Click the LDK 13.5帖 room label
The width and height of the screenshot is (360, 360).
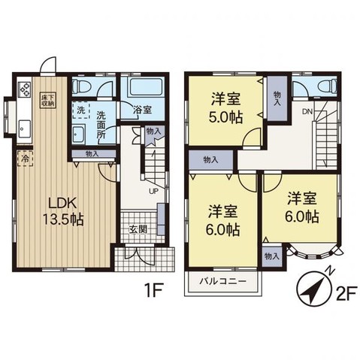click(63, 211)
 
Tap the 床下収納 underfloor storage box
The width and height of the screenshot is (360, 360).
click(48, 100)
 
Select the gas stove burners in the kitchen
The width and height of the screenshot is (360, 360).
click(24, 89)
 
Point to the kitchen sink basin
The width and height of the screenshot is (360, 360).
click(25, 129)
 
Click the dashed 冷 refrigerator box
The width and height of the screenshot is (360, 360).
click(25, 158)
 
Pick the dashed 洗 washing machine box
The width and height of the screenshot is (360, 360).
click(81, 110)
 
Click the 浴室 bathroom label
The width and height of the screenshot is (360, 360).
click(142, 110)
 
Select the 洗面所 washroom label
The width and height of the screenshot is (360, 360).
click(101, 125)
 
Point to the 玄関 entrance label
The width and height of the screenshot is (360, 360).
click(138, 229)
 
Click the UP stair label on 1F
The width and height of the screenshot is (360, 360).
click(153, 192)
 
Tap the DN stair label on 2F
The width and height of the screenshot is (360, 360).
click(307, 112)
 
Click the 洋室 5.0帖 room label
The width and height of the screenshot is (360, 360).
click(225, 108)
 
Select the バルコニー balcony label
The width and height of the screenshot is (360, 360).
click(223, 281)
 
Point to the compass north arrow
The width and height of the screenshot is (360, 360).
click(313, 289)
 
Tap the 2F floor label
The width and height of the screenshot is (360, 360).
click(347, 294)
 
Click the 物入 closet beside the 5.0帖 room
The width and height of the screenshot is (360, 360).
click(277, 98)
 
